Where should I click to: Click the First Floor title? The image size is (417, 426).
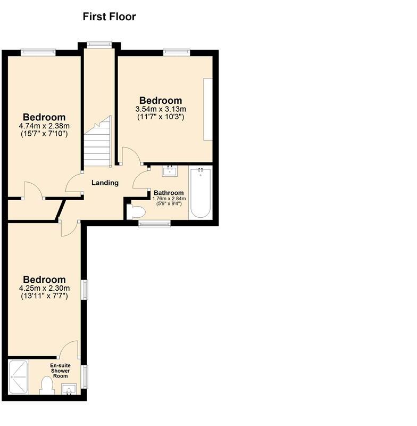pos(109,17)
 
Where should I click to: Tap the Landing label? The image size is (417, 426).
pos(105,183)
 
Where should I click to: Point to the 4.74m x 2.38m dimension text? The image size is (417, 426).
pos(44,126)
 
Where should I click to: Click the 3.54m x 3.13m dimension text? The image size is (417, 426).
pos(161,109)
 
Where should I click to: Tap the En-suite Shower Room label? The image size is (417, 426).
pos(61,371)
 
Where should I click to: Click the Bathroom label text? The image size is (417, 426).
pos(169,193)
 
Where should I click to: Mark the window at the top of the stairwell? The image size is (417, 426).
pos(97,45)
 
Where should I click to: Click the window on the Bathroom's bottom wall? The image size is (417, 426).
pos(155,224)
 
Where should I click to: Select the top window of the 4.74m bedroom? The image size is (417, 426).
pos(38,52)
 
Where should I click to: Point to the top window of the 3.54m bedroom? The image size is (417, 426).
pos(177,52)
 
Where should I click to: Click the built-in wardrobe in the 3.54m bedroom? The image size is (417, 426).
pos(207,109)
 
